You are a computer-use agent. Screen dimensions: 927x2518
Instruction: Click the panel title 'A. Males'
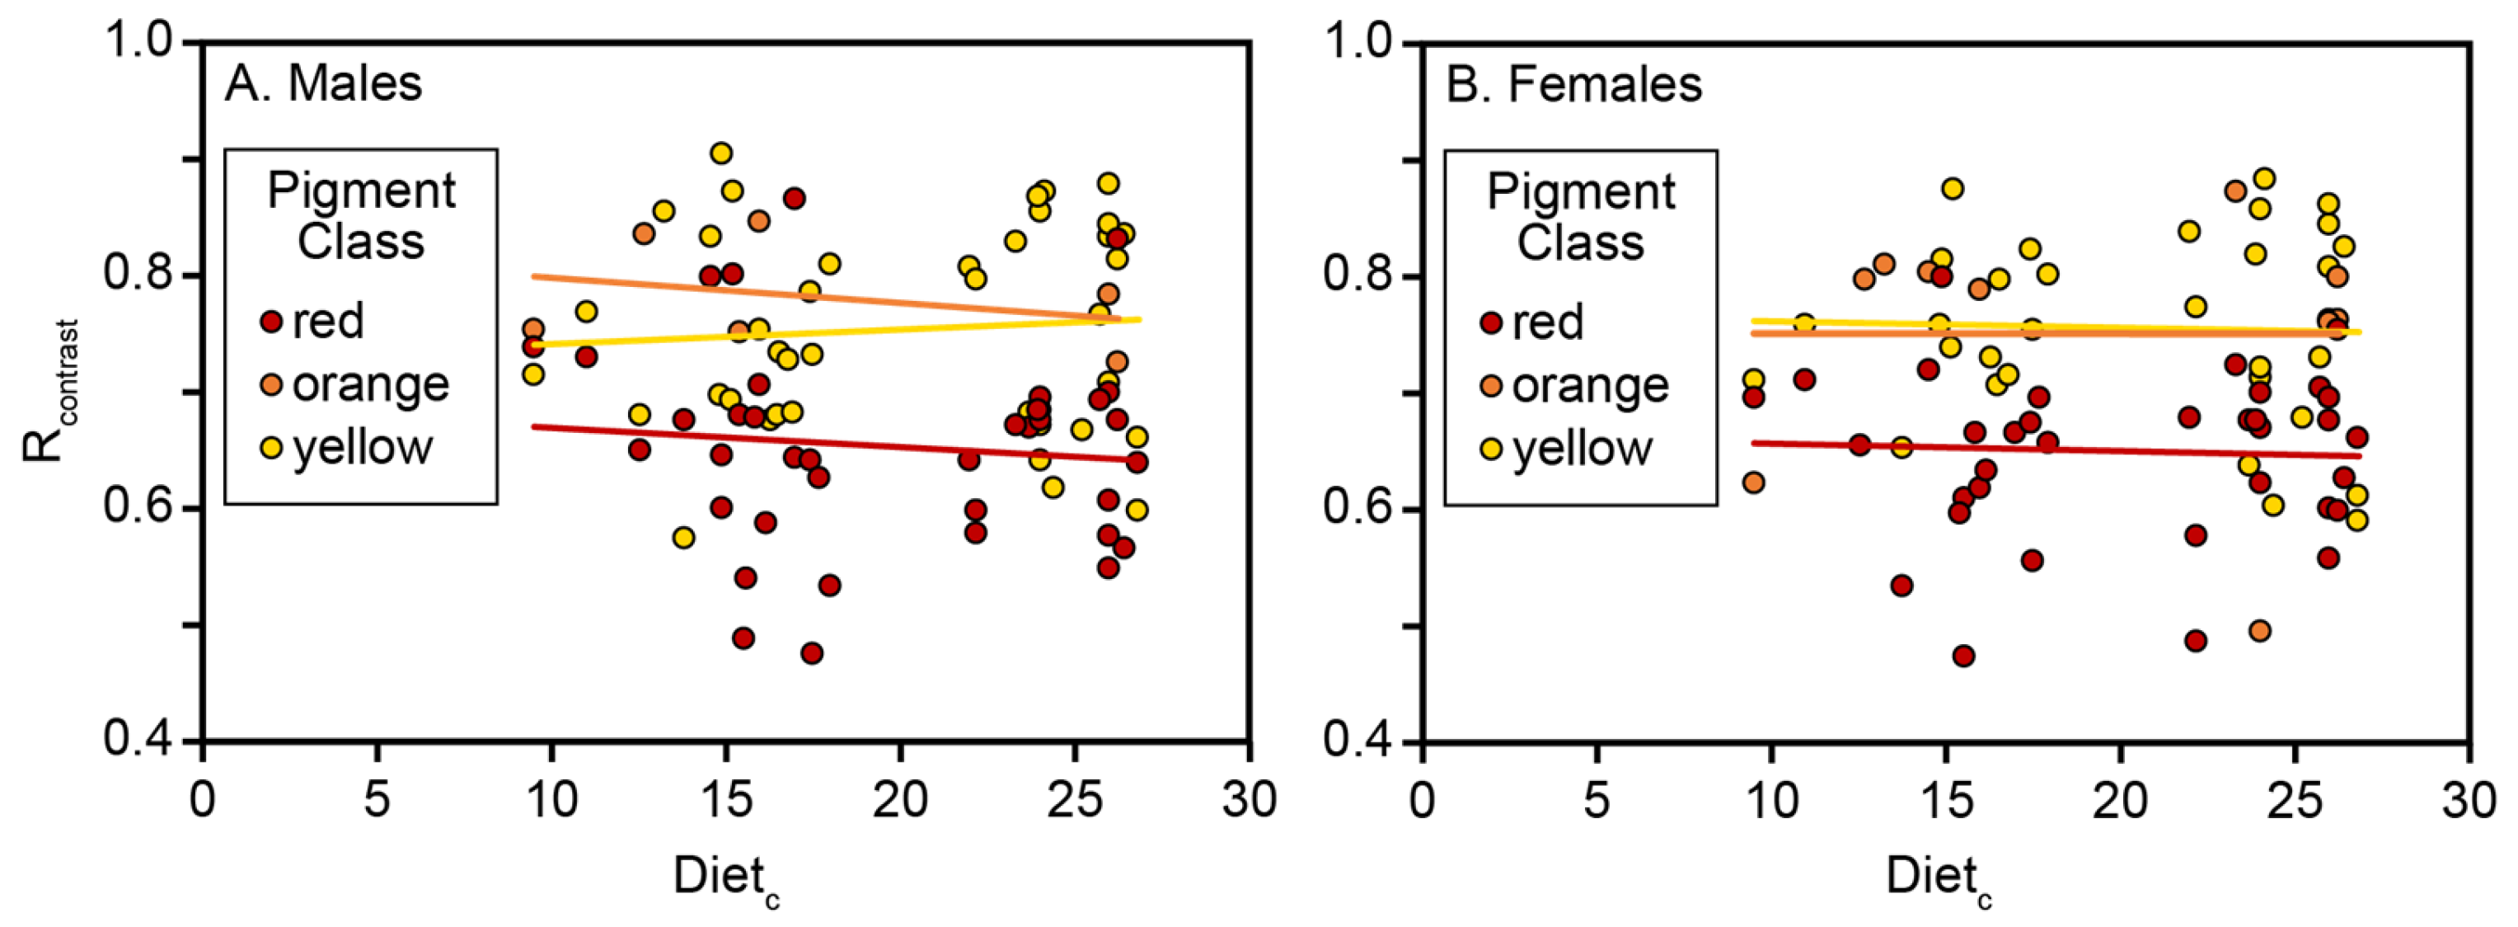click(324, 83)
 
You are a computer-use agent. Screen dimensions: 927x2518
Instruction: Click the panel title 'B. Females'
click(1573, 85)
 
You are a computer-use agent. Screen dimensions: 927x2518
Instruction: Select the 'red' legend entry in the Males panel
click(313, 322)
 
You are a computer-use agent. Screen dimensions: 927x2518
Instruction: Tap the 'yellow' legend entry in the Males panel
click(347, 448)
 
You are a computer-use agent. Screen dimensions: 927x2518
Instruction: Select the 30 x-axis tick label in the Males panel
click(1248, 800)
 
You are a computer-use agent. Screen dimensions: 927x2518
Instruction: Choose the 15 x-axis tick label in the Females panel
click(1945, 800)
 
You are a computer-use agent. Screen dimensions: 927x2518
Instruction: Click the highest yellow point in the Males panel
click(721, 153)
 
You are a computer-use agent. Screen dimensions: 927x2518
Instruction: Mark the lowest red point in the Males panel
click(811, 653)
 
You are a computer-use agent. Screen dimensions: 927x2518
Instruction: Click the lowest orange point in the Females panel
click(2259, 631)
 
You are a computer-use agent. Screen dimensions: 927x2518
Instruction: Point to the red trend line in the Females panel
click(2052, 449)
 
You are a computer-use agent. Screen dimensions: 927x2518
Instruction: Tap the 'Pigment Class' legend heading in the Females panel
click(1581, 216)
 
